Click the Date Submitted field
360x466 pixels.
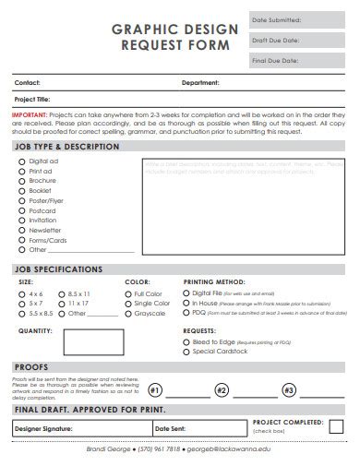coord(303,19)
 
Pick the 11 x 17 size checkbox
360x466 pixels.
coord(60,303)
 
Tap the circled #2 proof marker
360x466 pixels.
coord(221,390)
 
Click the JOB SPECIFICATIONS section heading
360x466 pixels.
coord(58,269)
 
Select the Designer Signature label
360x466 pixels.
coord(44,429)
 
